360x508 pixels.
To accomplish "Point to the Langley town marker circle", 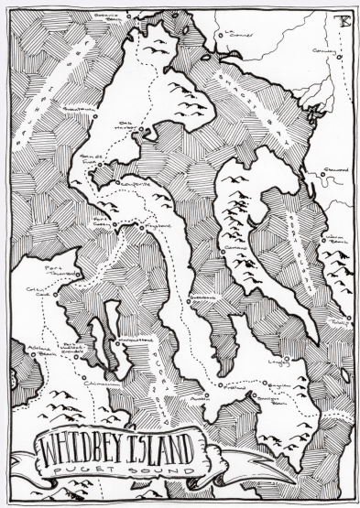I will coord(285,355).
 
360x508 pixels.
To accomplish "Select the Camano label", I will coord(230,246).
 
